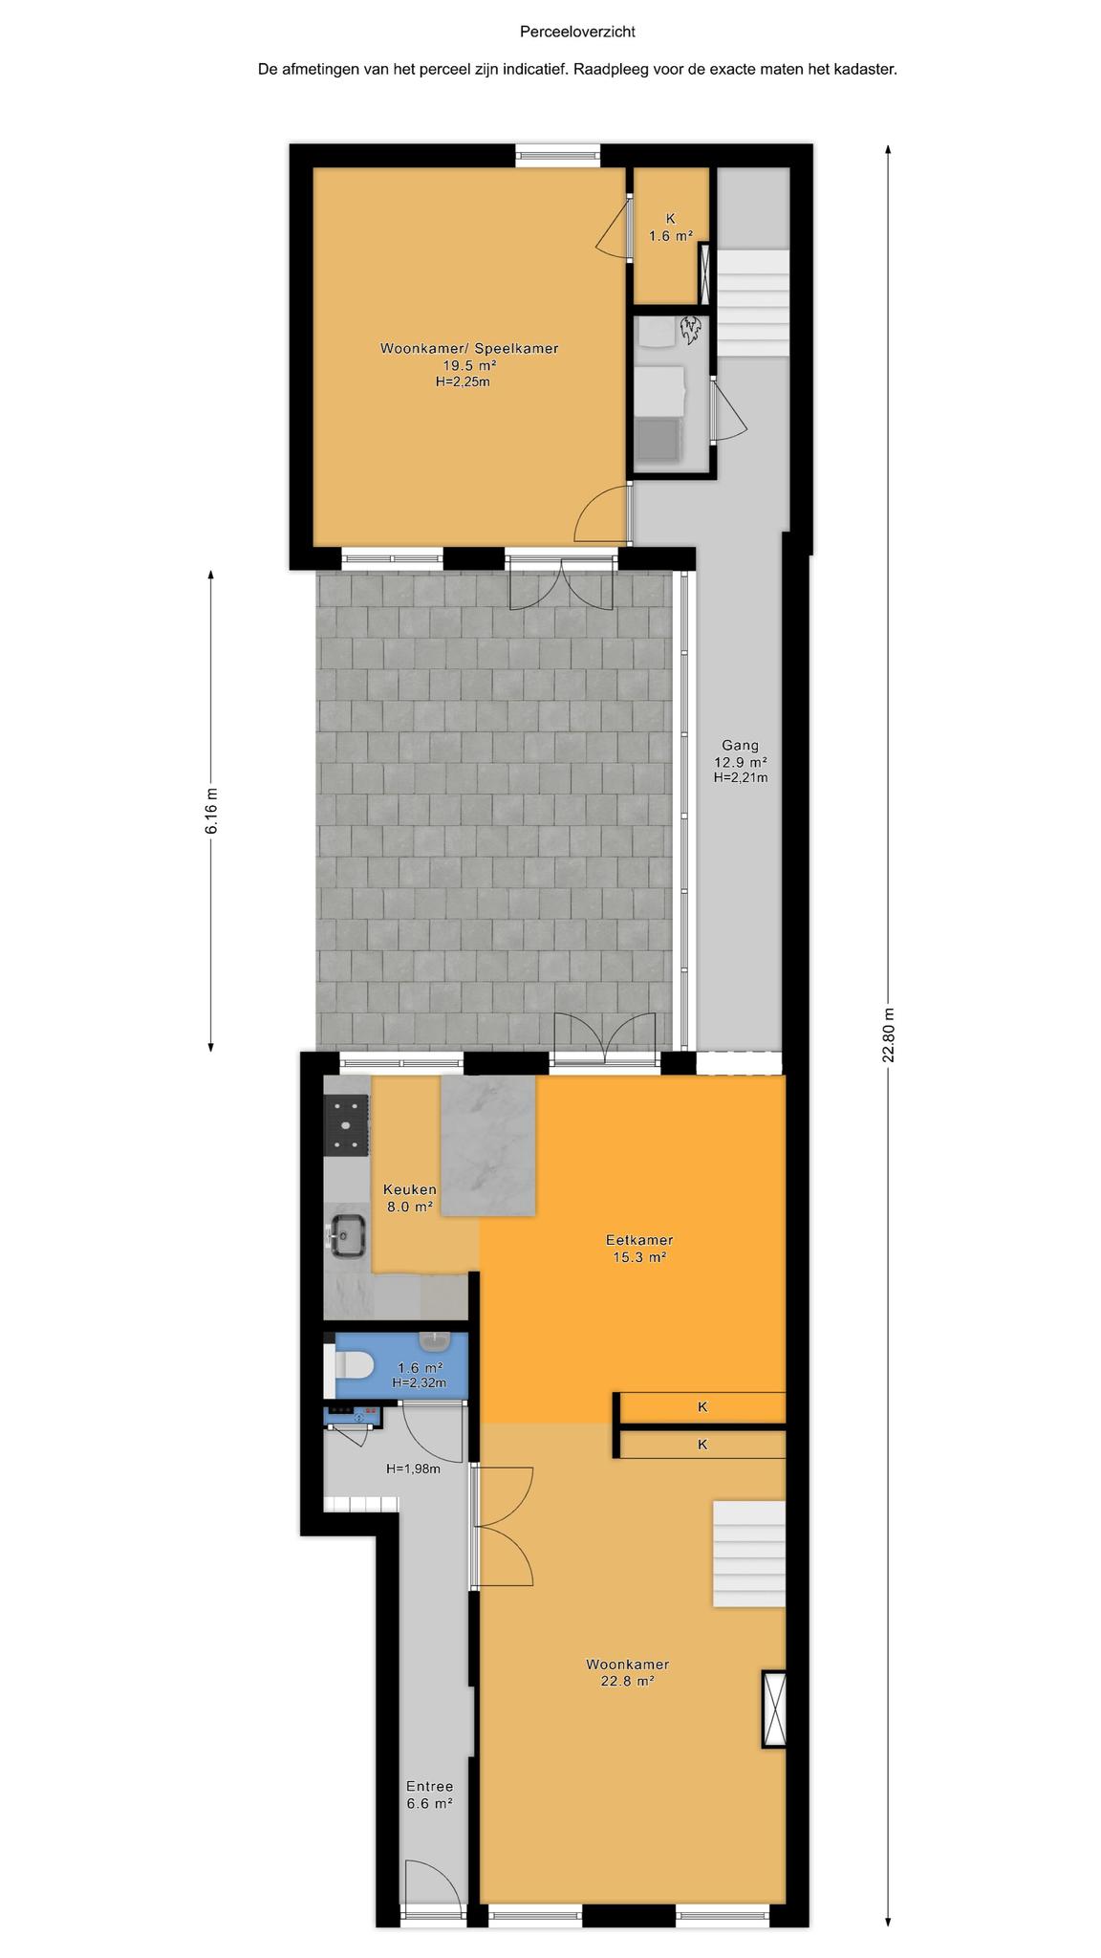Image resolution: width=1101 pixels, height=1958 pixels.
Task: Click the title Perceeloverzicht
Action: point(577,32)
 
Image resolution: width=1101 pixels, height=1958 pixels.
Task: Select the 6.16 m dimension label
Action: point(211,811)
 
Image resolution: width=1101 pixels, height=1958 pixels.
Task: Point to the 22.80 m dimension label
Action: point(889,1035)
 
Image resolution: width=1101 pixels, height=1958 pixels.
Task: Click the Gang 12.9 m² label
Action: point(741,761)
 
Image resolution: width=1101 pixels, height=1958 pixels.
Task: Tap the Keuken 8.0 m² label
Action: point(410,1198)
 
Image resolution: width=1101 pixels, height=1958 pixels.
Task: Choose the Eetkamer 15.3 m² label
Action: point(639,1249)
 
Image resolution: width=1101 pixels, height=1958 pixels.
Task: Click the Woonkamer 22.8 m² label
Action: point(628,1673)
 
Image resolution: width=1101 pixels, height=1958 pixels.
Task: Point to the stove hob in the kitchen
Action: point(347,1124)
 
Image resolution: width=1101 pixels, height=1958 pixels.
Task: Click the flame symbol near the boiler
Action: point(691,330)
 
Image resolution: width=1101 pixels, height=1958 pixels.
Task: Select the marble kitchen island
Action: point(487,1145)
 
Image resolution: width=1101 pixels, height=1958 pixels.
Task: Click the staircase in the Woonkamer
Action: point(748,1554)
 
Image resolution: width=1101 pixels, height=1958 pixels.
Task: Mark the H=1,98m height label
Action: point(413,1468)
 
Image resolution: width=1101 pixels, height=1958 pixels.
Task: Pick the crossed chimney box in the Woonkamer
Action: point(773,1708)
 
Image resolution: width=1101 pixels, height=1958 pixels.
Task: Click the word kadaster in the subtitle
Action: point(864,69)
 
